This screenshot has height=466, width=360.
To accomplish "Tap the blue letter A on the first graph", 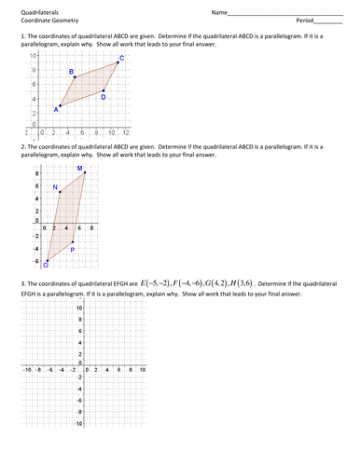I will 56,109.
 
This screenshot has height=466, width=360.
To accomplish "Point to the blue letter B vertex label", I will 72,71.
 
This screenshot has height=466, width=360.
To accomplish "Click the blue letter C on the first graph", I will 123,59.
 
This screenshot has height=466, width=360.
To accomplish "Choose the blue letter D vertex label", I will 104,97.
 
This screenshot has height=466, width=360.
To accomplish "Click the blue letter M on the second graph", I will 79,168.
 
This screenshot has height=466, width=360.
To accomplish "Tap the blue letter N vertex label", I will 55,188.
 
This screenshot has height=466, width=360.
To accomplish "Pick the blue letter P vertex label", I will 73,250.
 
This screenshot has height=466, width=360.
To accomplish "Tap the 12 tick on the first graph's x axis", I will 125,133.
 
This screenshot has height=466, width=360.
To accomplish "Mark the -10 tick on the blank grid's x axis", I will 28,370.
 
